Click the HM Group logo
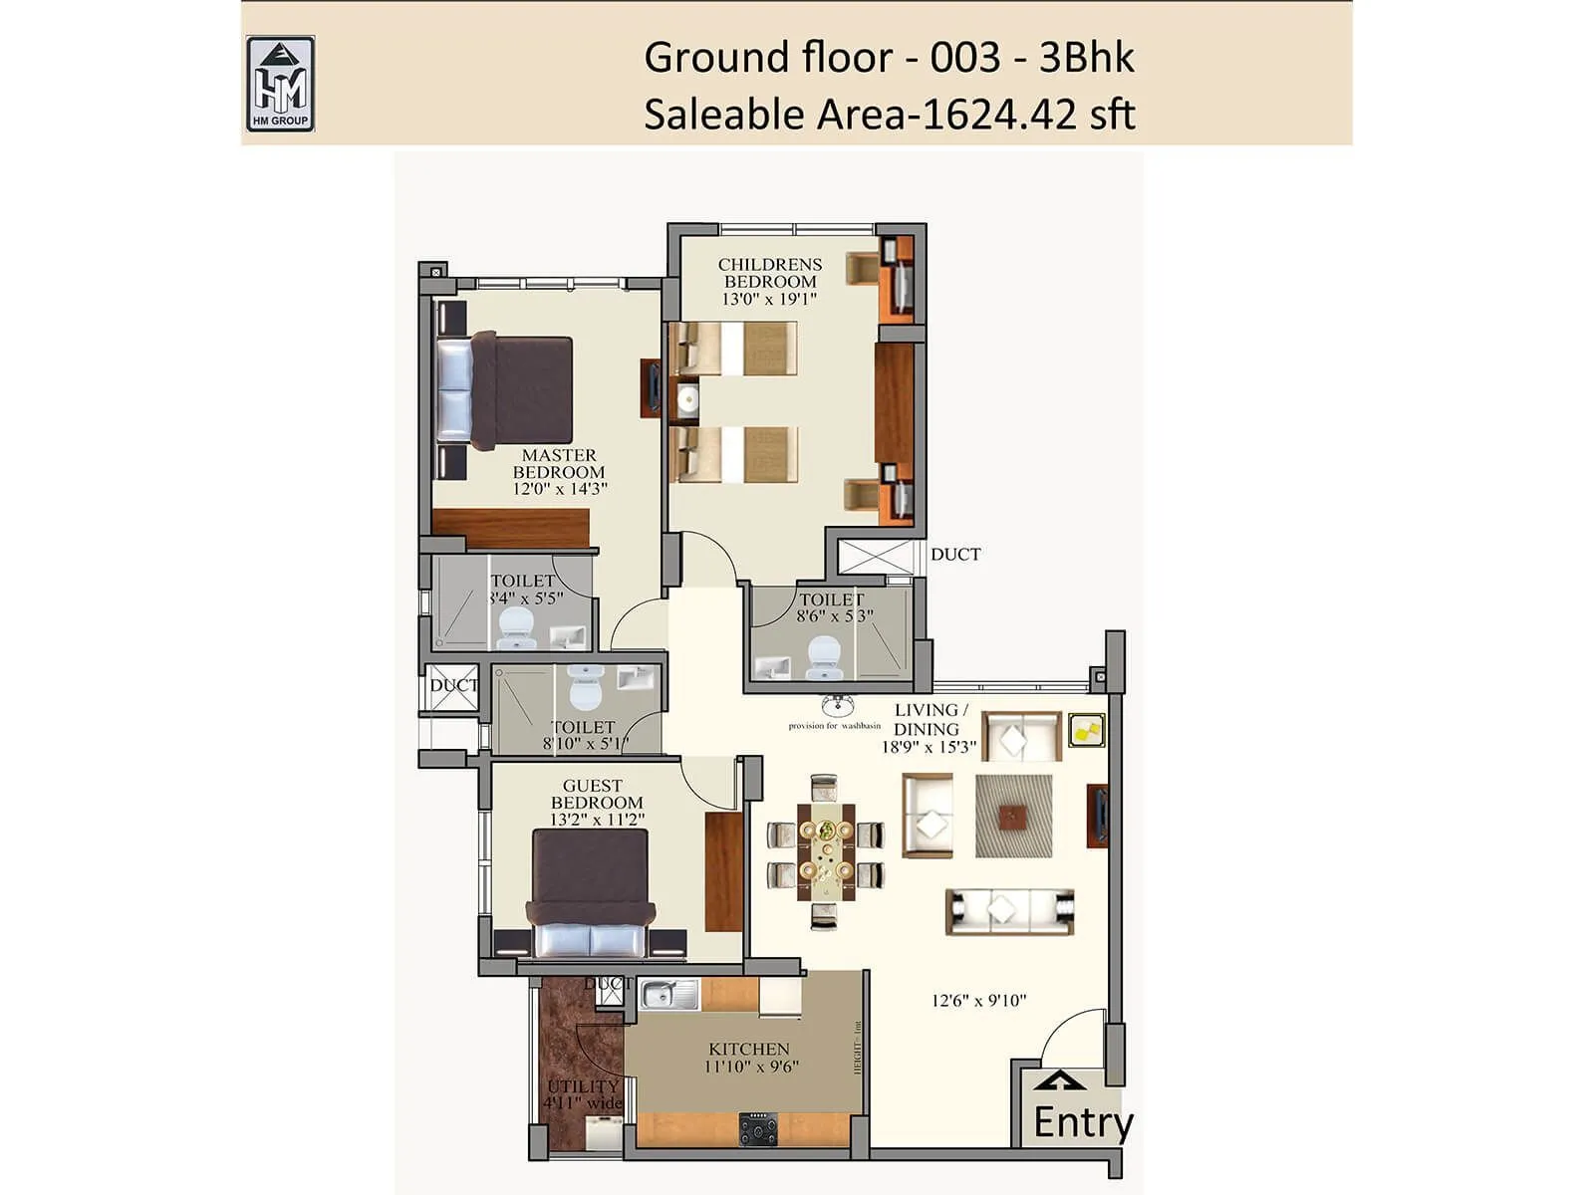click(x=280, y=84)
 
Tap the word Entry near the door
click(x=1082, y=1122)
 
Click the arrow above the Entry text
click(x=1060, y=1082)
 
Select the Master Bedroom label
click(x=559, y=464)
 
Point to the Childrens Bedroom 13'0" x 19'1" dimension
click(x=769, y=299)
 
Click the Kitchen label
click(x=749, y=1049)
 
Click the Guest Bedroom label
click(x=595, y=794)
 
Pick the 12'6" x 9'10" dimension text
click(x=978, y=1000)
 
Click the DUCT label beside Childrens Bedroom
click(x=955, y=555)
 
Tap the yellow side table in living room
click(x=1086, y=730)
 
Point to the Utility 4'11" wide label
click(x=584, y=1094)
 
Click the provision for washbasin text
click(x=834, y=726)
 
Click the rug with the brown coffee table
click(x=1013, y=817)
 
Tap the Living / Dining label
click(x=929, y=719)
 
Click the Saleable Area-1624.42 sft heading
click(x=889, y=115)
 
